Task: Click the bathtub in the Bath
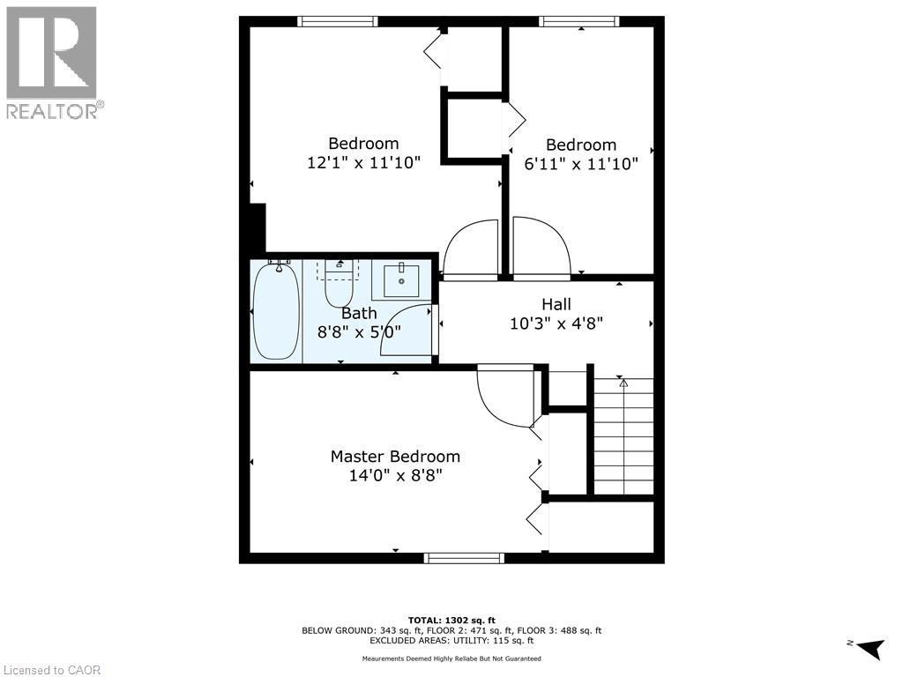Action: click(276, 311)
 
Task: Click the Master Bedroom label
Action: click(395, 457)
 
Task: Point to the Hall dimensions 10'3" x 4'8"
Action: click(556, 324)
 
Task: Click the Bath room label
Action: click(359, 313)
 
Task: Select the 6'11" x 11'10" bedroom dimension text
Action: click(581, 164)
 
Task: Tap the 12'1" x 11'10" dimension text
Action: click(364, 162)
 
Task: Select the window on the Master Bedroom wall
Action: click(464, 558)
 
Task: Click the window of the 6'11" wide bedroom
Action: click(579, 21)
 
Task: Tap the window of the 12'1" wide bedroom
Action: click(338, 21)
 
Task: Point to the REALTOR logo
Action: click(54, 63)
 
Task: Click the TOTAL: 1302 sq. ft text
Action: click(451, 620)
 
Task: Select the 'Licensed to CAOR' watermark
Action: click(51, 670)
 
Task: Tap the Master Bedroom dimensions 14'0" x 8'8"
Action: click(396, 475)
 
